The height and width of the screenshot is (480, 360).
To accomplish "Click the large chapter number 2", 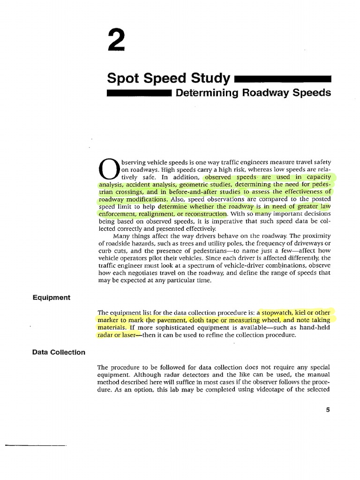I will click(116, 40).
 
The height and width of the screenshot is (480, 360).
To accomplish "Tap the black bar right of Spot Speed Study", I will click(282, 79).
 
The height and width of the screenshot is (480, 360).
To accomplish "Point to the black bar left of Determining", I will click(139, 94).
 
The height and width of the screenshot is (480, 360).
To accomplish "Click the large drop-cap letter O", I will click(109, 170).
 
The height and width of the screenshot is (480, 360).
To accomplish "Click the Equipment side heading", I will click(52, 297).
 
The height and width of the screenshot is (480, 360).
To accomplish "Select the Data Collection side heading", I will click(59, 352).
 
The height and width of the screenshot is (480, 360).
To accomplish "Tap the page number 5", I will click(328, 410).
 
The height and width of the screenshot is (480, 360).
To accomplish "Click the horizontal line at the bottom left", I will click(36, 445).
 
